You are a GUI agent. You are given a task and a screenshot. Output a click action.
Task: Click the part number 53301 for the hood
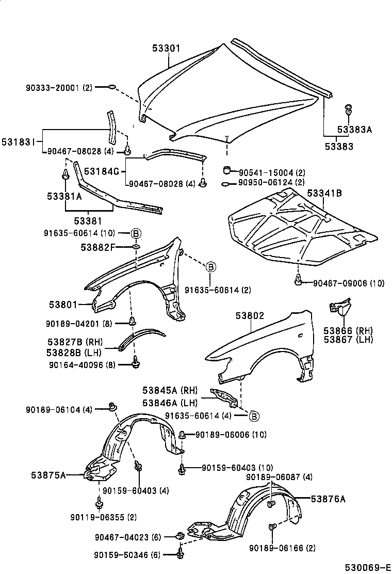[x=166, y=49]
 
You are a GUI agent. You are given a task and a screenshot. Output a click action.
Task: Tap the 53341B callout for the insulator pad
[x=324, y=194]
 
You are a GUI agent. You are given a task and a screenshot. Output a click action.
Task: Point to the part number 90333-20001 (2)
[x=58, y=88]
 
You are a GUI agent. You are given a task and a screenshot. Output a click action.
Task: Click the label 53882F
[x=97, y=247]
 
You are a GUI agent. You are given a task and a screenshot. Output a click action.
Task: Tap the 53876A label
[x=328, y=499]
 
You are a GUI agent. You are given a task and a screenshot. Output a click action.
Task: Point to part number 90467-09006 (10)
[x=349, y=282]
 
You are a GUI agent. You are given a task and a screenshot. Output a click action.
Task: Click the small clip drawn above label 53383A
[x=349, y=109]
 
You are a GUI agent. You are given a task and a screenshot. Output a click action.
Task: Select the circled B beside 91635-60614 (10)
[x=135, y=234]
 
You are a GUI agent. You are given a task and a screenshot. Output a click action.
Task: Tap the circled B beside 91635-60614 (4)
[x=253, y=416]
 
